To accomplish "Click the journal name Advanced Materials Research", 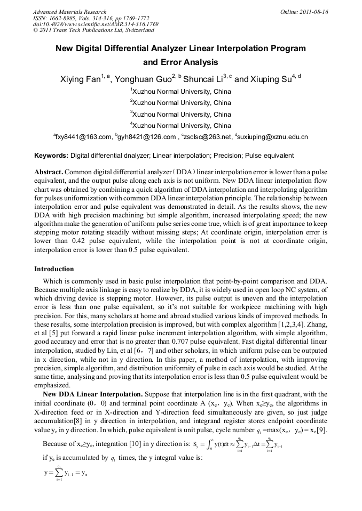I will tap(70, 12).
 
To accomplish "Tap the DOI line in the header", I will tap(96, 25).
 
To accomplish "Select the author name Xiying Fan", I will tap(80, 79).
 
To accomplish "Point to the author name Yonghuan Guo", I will tap(143, 79).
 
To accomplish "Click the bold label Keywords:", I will tap(51, 156).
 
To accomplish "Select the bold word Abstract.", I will tap(49, 173).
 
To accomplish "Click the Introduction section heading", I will tap(54, 269).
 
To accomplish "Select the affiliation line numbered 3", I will tap(180, 114).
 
